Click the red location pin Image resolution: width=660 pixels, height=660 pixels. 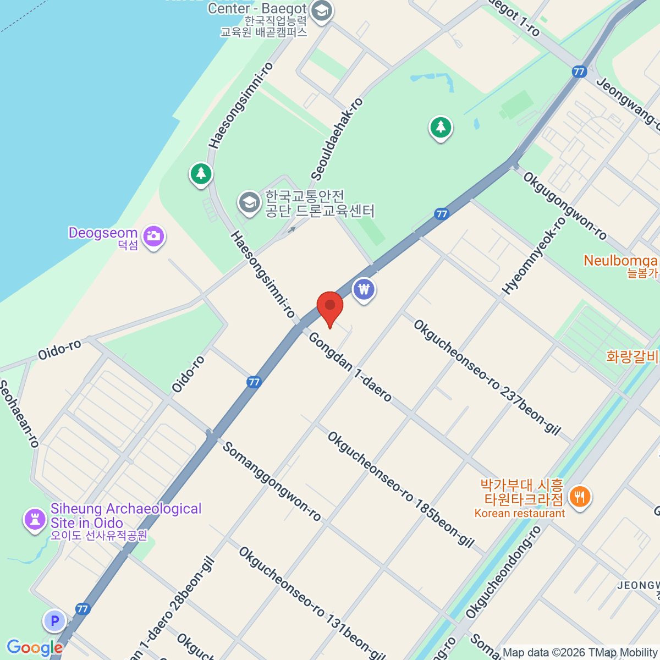330,306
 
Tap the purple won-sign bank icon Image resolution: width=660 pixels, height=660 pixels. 364,289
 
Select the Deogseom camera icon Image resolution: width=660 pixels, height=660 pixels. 153,237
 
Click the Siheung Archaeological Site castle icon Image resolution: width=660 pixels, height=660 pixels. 35,519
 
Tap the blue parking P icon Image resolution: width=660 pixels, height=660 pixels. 54,621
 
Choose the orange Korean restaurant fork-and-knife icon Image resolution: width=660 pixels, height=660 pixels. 579,497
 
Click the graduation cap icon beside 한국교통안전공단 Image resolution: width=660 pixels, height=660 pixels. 249,203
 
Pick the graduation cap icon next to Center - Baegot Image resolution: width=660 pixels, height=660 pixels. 321,11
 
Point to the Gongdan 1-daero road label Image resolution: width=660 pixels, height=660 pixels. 350,367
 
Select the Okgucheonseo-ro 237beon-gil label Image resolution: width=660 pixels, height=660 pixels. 487,377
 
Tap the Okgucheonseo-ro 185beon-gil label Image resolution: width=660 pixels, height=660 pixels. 400,490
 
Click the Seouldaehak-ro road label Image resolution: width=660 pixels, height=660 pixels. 337,139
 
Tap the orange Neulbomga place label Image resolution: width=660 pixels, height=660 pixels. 620,261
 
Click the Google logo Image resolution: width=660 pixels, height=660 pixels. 35,647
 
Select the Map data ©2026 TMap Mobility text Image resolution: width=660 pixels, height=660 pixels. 580,652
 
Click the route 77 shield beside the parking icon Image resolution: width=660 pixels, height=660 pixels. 82,609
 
